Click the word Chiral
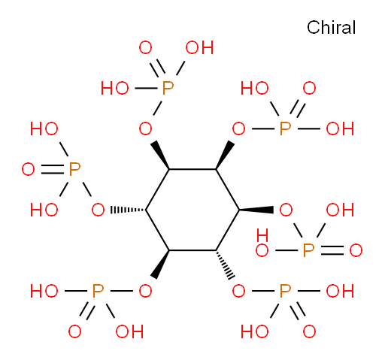pyautogui.click(x=331, y=27)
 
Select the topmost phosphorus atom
pyautogui.click(x=168, y=88)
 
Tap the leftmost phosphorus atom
pyautogui.click(x=74, y=169)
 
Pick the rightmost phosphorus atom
pyautogui.click(x=308, y=250)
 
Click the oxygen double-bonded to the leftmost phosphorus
pyautogui.click(x=28, y=169)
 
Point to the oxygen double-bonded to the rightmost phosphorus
pyautogui.click(x=356, y=250)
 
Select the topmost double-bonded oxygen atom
pyautogui.click(x=145, y=47)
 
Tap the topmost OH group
pyautogui.click(x=199, y=47)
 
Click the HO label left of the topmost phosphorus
pyautogui.click(x=115, y=88)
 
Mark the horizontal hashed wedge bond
pyautogui.click(x=129, y=210)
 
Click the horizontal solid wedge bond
pyautogui.click(x=256, y=210)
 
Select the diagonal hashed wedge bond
pyautogui.click(x=226, y=265)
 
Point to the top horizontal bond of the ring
pyautogui.click(x=192, y=169)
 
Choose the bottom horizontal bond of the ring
pyautogui.click(x=192, y=250)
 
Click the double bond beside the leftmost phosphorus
pyautogui.click(x=52, y=169)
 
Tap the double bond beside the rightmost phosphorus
pyautogui.click(x=332, y=250)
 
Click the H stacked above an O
pyautogui.click(x=262, y=235)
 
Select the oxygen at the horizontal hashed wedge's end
pyautogui.click(x=98, y=210)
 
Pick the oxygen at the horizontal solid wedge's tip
pyautogui.click(x=286, y=210)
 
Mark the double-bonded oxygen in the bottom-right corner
pyautogui.click(x=309, y=331)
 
